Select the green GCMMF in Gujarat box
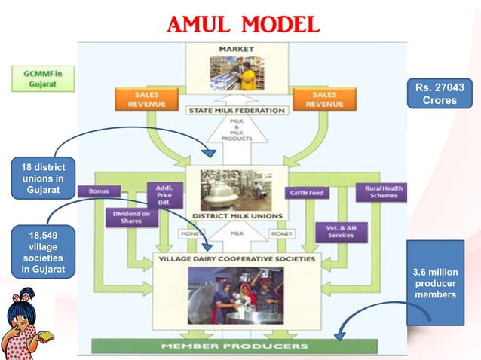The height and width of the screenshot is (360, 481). coord(41,79)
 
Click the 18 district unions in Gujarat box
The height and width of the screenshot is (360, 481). coord(43,178)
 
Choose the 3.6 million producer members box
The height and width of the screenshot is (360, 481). coord(435,282)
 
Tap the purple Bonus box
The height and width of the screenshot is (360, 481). coord(98,192)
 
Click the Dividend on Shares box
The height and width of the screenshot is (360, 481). coord(130,216)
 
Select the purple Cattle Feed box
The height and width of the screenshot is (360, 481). coord(307,193)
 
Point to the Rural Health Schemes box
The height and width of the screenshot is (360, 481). coord(381,192)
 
